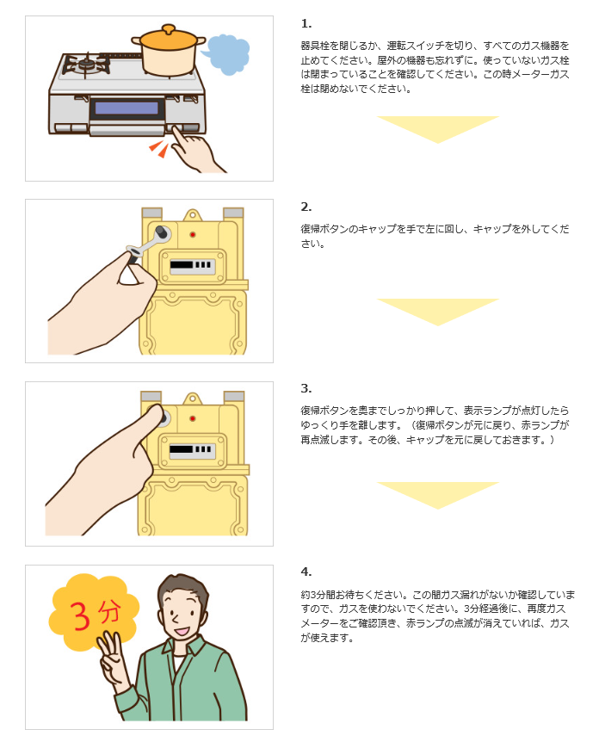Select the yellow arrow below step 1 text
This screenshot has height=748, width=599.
click(x=438, y=128)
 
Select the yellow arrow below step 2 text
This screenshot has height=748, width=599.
click(x=438, y=311)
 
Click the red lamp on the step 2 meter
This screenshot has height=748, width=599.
click(x=192, y=234)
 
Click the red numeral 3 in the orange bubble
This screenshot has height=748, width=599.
click(x=79, y=615)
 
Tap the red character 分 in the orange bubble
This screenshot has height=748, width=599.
click(x=108, y=612)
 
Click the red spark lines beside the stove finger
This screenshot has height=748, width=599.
click(x=157, y=149)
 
